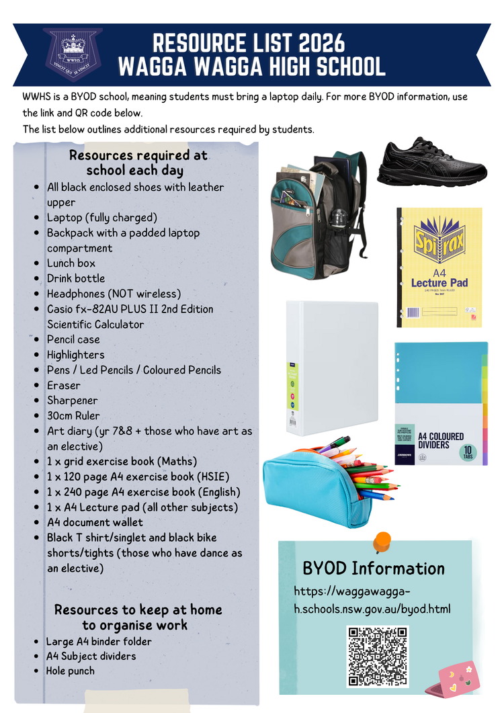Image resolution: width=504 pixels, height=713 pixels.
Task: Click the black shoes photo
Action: click(x=432, y=163)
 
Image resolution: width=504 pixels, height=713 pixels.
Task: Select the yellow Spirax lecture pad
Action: click(x=439, y=267)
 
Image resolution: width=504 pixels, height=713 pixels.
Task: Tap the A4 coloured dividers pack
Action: click(x=441, y=403)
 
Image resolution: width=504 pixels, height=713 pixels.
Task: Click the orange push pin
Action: click(x=382, y=540)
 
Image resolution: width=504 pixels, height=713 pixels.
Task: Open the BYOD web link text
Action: click(x=372, y=601)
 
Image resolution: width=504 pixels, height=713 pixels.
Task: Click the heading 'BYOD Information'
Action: click(x=374, y=569)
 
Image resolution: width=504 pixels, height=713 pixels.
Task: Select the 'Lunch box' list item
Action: click(x=71, y=263)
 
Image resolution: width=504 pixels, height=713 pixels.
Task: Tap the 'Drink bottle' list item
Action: click(x=75, y=278)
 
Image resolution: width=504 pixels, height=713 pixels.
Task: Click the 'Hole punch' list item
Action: click(x=70, y=671)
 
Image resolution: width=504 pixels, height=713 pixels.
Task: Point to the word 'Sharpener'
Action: click(x=72, y=401)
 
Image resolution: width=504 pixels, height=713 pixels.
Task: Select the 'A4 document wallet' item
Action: click(x=95, y=522)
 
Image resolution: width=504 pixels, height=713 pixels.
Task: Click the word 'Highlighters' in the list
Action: click(x=75, y=355)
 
